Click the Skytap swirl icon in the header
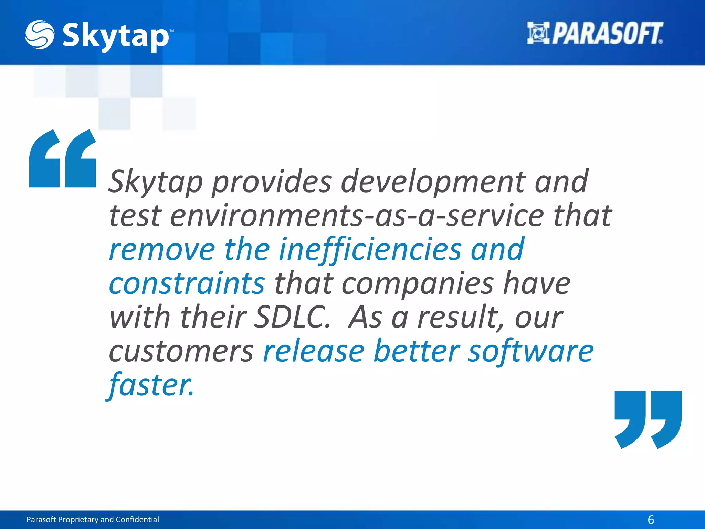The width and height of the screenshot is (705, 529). pyautogui.click(x=39, y=34)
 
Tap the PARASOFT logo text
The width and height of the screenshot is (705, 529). pyautogui.click(x=607, y=34)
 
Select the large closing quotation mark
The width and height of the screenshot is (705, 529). pyautogui.click(x=648, y=419)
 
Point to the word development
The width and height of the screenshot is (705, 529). pyautogui.click(x=433, y=182)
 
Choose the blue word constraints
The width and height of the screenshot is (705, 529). pyautogui.click(x=187, y=283)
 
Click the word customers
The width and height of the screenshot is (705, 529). pyautogui.click(x=181, y=351)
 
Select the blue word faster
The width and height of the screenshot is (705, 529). pyautogui.click(x=151, y=385)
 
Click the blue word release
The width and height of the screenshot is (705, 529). pyautogui.click(x=314, y=351)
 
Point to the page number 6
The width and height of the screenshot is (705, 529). pyautogui.click(x=651, y=519)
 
